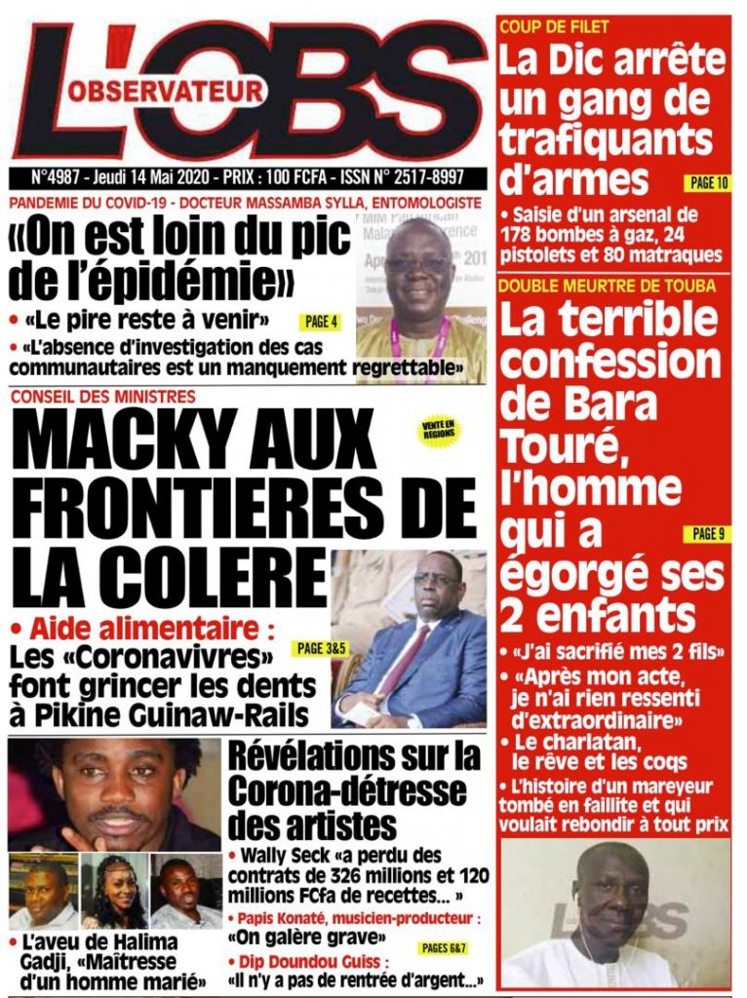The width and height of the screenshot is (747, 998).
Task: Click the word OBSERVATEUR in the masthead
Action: pyautogui.click(x=166, y=93)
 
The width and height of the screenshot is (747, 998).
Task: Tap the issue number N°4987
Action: pyautogui.click(x=59, y=179)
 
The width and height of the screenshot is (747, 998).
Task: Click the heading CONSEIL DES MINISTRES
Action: pyautogui.click(x=103, y=396)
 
